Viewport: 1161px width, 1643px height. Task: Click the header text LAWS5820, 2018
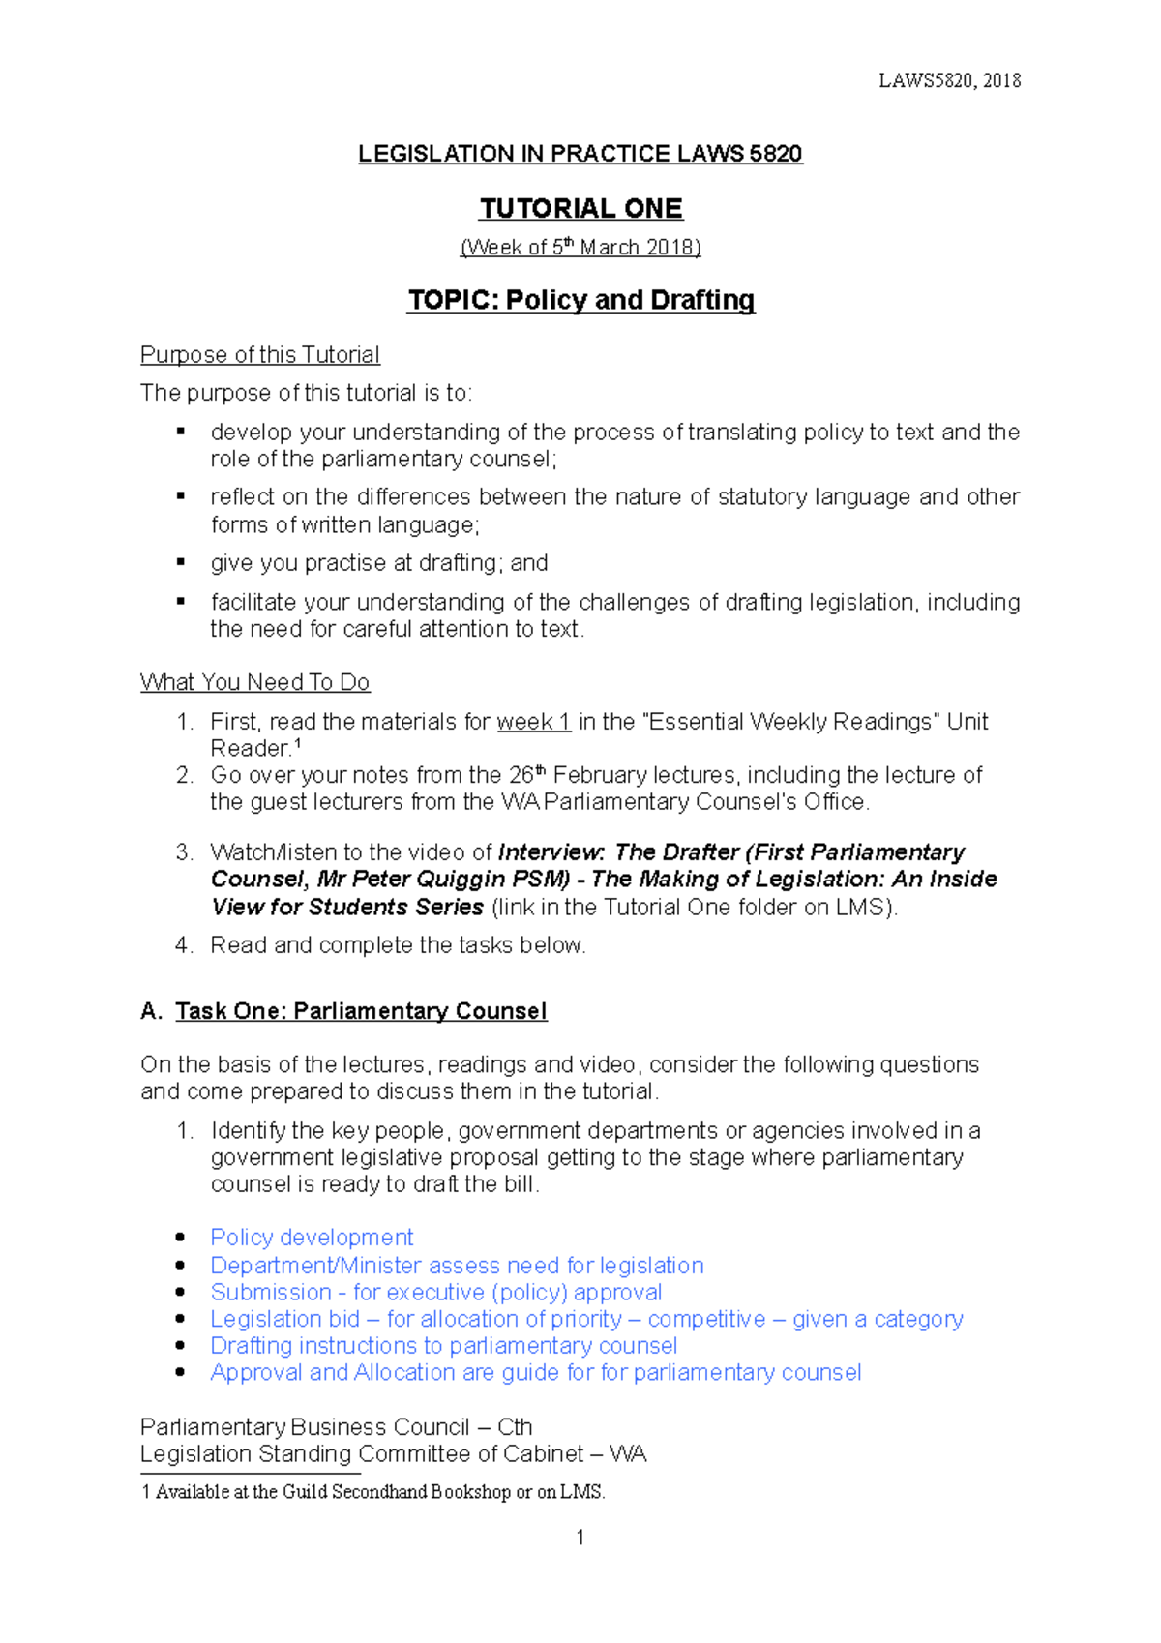(x=949, y=80)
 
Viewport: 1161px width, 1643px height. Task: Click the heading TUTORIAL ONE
(x=580, y=208)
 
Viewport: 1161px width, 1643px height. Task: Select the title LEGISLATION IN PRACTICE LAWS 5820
(x=580, y=154)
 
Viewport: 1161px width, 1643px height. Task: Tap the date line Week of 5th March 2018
(x=580, y=248)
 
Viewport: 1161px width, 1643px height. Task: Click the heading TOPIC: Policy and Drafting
(x=580, y=300)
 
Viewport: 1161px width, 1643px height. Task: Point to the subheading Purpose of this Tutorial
(x=259, y=355)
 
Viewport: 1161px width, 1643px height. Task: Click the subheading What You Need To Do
(x=254, y=682)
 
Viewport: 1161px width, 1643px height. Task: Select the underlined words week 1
(x=533, y=722)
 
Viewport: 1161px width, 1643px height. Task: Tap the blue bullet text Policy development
(x=312, y=1238)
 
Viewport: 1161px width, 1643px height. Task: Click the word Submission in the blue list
(x=257, y=1292)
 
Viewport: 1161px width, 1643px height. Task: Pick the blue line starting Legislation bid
(x=586, y=1319)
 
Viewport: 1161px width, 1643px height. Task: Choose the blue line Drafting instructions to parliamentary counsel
(x=443, y=1346)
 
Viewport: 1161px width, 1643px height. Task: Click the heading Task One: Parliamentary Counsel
(x=361, y=1011)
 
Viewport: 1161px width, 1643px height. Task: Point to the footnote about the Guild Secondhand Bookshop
(x=373, y=1492)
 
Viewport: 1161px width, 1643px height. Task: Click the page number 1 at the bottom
(x=580, y=1537)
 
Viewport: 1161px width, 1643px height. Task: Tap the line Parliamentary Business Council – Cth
(x=336, y=1427)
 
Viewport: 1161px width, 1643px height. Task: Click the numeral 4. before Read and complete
(x=184, y=945)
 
